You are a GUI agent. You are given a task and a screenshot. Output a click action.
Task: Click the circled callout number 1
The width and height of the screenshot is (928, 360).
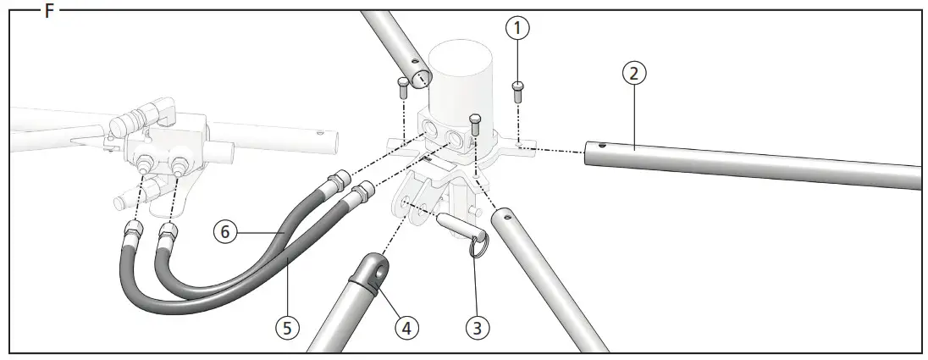(x=517, y=28)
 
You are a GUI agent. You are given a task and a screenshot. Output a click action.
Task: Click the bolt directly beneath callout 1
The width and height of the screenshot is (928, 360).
(x=517, y=88)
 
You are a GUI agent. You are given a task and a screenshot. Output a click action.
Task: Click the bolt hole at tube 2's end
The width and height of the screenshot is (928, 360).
(x=600, y=147)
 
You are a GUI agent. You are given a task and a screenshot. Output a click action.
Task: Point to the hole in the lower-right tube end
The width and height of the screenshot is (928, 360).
(x=508, y=215)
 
